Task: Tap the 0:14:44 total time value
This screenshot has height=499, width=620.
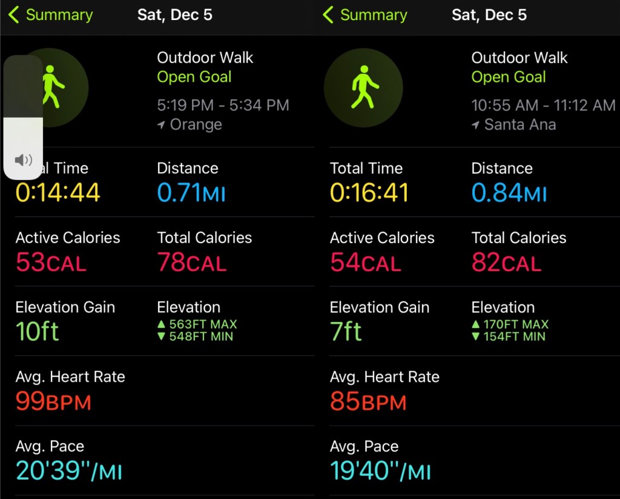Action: point(58,193)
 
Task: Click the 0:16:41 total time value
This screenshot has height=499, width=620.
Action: point(369,193)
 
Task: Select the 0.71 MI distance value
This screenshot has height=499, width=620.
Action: point(191,193)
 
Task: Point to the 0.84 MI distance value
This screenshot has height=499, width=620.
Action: point(509,193)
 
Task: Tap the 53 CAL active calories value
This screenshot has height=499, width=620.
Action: point(51,263)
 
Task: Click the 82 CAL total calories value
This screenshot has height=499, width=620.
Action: point(506,263)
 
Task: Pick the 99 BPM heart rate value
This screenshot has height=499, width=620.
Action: point(53,401)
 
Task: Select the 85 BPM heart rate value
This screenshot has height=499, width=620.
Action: point(368,401)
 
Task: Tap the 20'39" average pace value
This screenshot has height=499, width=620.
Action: point(69,471)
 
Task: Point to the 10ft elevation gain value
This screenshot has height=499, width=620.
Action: point(38,332)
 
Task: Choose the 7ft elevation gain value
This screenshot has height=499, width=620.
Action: point(346,332)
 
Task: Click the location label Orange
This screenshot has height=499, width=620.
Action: point(196,124)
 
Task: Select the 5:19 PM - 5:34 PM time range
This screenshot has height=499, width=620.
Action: point(223,105)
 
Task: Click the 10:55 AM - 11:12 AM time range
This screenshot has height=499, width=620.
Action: point(543,105)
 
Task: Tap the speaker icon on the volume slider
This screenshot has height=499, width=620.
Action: point(24,160)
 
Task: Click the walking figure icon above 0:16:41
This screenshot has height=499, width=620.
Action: point(363,87)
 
